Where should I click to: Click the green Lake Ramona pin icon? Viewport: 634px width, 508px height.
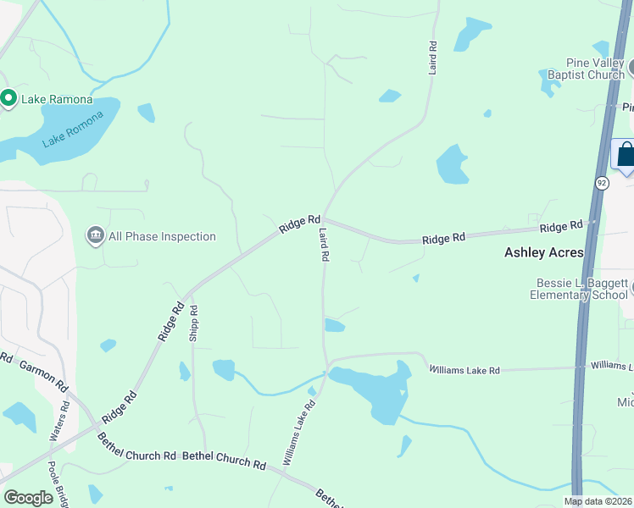click(x=8, y=99)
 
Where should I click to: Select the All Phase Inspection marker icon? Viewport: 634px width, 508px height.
click(x=94, y=235)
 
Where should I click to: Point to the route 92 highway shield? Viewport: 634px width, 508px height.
click(x=602, y=183)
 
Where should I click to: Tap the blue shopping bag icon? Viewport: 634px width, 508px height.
click(x=626, y=155)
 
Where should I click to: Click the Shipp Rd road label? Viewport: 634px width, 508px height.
click(x=194, y=323)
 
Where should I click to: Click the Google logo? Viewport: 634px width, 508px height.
click(x=28, y=498)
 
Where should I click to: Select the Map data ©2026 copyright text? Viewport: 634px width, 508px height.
click(x=598, y=501)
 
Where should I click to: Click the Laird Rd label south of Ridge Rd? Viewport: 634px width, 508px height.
click(x=323, y=246)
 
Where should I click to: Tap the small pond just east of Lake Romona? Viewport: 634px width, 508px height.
click(x=147, y=112)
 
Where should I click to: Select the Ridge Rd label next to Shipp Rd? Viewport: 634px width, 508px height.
click(x=170, y=323)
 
